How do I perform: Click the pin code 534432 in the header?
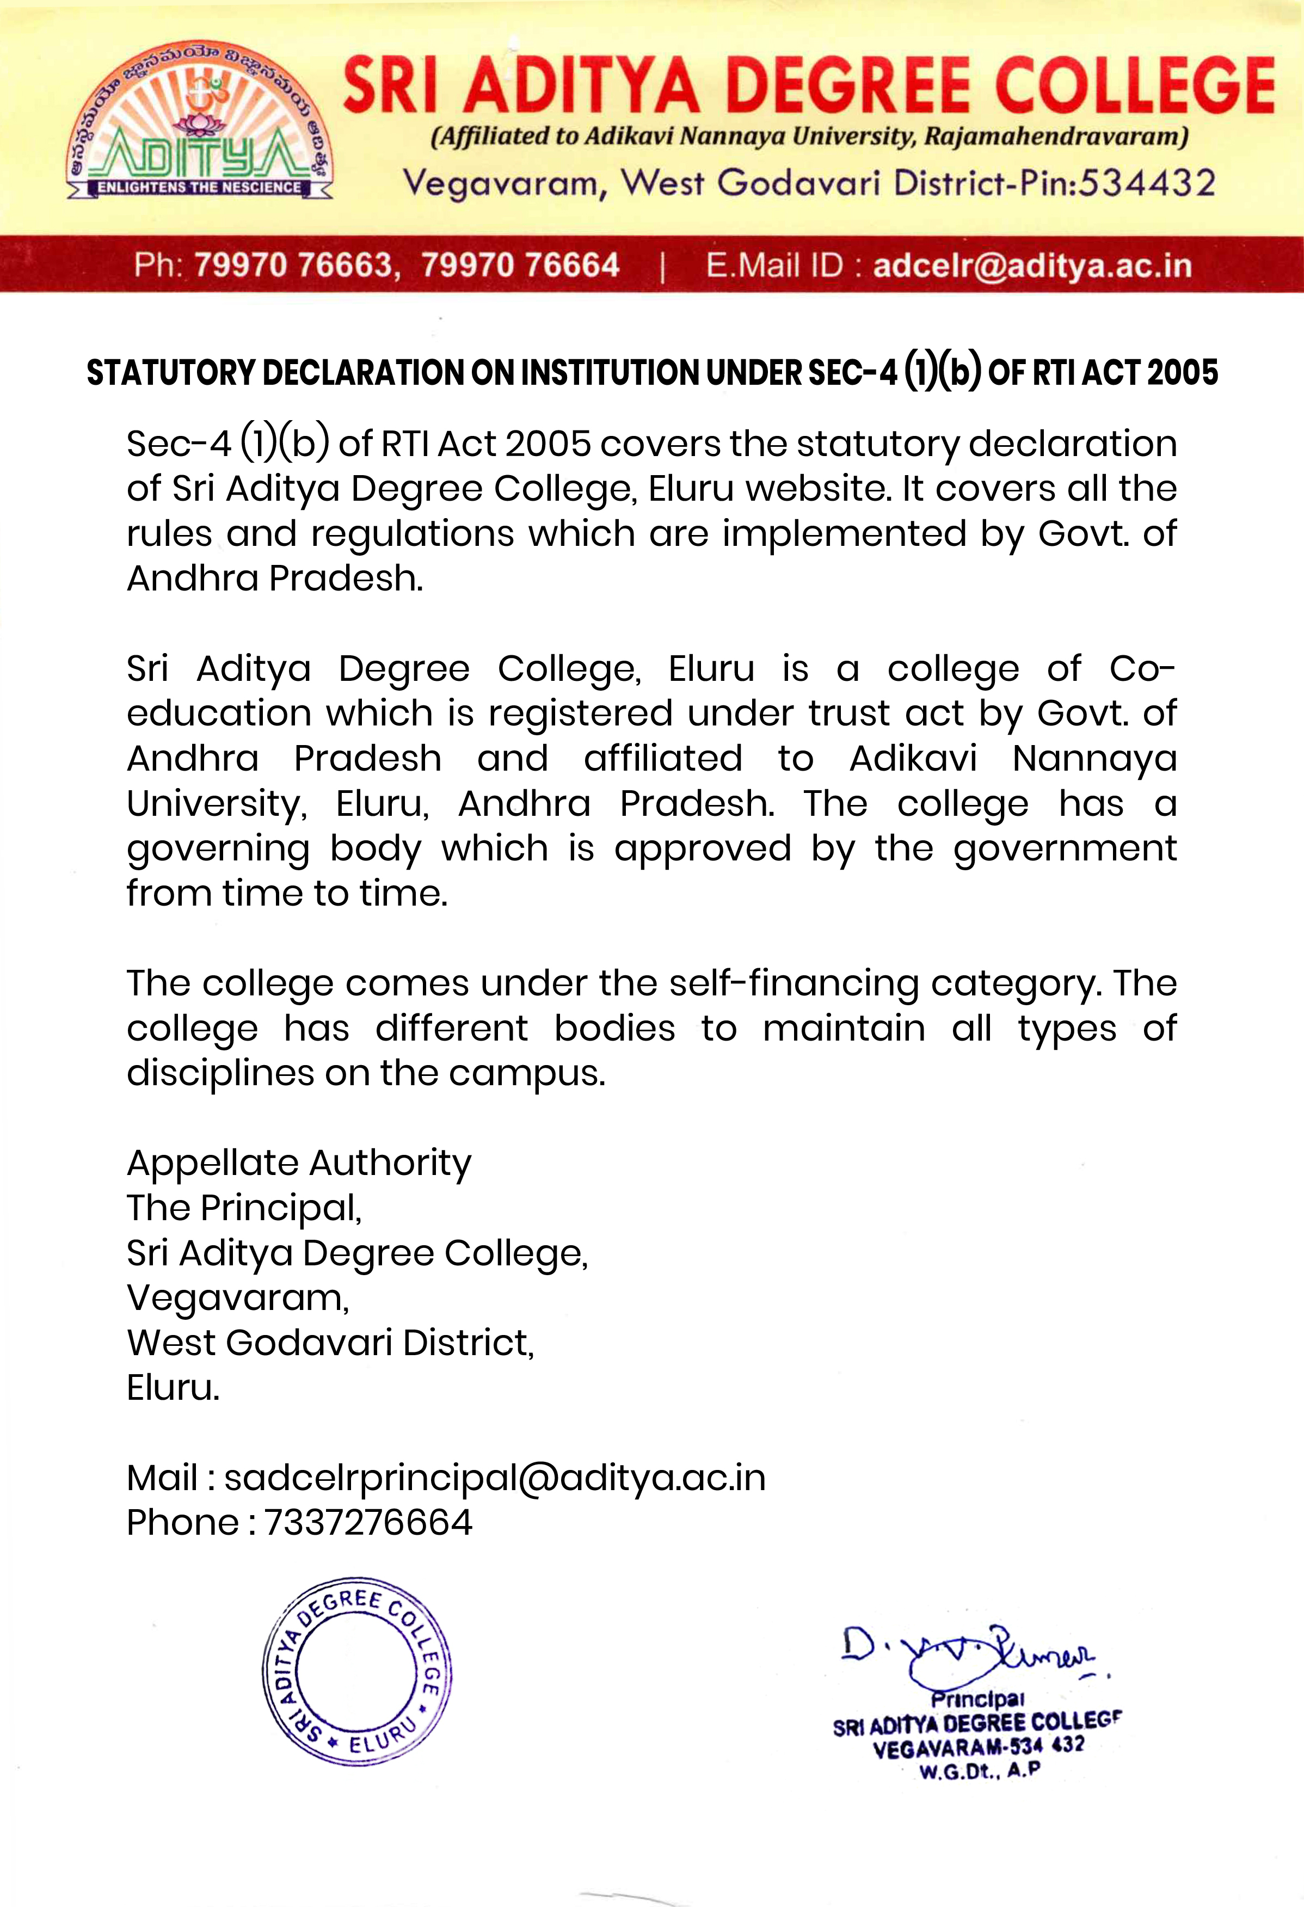point(1146,183)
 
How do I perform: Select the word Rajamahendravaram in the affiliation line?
point(1055,136)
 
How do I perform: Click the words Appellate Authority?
point(299,1162)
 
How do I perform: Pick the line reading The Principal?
point(244,1208)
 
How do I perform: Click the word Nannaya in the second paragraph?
point(1094,758)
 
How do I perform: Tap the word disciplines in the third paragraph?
point(220,1073)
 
